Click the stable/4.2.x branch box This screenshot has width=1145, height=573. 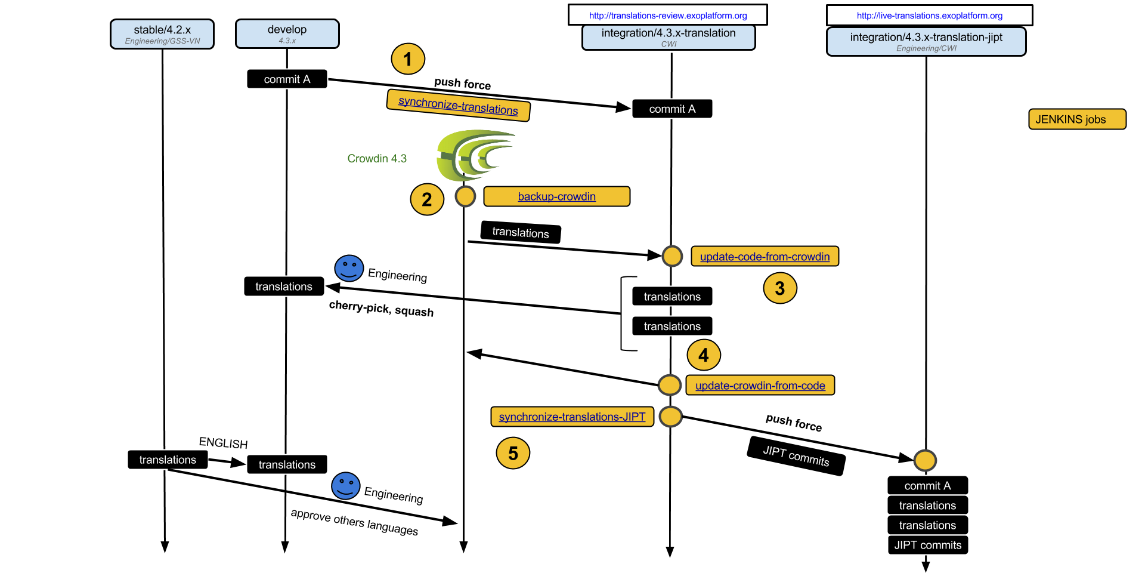162,34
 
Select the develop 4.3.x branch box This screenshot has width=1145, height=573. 287,34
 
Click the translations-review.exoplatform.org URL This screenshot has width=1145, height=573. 667,16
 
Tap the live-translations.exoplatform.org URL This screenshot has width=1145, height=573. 929,16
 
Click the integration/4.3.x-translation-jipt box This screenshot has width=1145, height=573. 926,41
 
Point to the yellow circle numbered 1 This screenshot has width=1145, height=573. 408,59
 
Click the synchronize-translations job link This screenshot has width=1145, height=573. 458,106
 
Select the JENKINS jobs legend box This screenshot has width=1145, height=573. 1076,119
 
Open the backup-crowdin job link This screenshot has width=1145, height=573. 556,196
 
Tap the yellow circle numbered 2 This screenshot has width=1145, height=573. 427,199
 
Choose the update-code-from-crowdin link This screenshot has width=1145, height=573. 765,257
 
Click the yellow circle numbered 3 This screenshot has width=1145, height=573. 779,288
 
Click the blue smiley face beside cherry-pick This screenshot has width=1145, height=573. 349,268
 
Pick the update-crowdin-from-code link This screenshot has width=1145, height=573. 760,386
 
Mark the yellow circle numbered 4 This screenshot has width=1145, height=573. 704,355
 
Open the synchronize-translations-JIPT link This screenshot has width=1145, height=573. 572,417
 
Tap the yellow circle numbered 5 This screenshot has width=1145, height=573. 513,453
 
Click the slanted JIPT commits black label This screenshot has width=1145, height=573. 796,456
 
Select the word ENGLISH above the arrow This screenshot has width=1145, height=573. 223,443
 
